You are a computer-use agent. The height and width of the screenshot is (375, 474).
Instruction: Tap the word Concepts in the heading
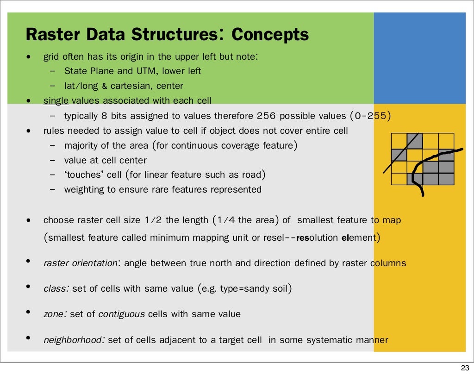tap(270, 35)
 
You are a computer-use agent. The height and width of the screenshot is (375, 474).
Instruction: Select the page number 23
tap(463, 368)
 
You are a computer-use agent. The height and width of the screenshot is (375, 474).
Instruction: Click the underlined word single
tap(56, 100)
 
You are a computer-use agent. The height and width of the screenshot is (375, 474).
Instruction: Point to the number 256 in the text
tap(266, 116)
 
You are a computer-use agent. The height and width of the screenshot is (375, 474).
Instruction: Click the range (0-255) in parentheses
tap(370, 116)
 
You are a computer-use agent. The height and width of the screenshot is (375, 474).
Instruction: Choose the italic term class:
tap(56, 289)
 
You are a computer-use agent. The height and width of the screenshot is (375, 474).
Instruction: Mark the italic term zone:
tap(55, 314)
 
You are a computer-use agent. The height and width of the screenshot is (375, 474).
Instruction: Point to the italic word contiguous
tap(121, 314)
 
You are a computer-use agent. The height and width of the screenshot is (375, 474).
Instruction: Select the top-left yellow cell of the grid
tap(399, 141)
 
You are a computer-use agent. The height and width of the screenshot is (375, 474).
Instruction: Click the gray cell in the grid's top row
tap(414, 141)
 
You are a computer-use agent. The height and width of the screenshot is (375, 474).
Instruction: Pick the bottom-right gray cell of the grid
tap(446, 179)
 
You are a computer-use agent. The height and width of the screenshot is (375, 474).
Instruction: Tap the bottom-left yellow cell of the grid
tap(399, 179)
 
